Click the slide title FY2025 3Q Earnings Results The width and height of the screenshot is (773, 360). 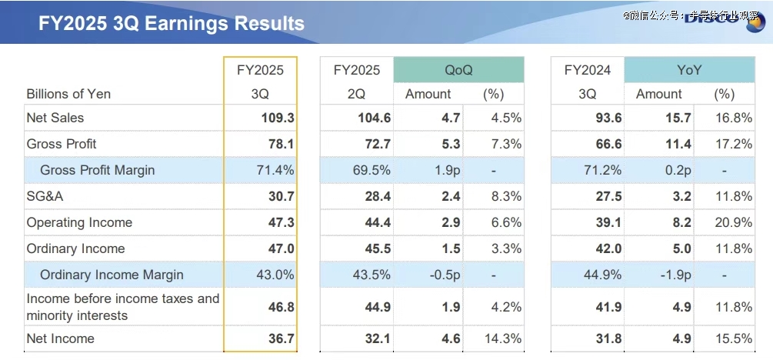171,23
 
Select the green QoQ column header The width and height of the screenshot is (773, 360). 458,70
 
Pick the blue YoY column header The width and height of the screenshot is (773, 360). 689,70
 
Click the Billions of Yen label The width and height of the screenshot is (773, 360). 68,94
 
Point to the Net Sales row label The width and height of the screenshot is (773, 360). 55,118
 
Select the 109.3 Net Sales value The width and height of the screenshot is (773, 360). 278,118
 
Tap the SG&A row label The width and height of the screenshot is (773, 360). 45,196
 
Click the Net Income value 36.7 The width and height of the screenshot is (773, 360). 281,338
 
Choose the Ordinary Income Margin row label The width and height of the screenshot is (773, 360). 112,275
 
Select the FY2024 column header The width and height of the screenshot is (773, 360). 587,70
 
